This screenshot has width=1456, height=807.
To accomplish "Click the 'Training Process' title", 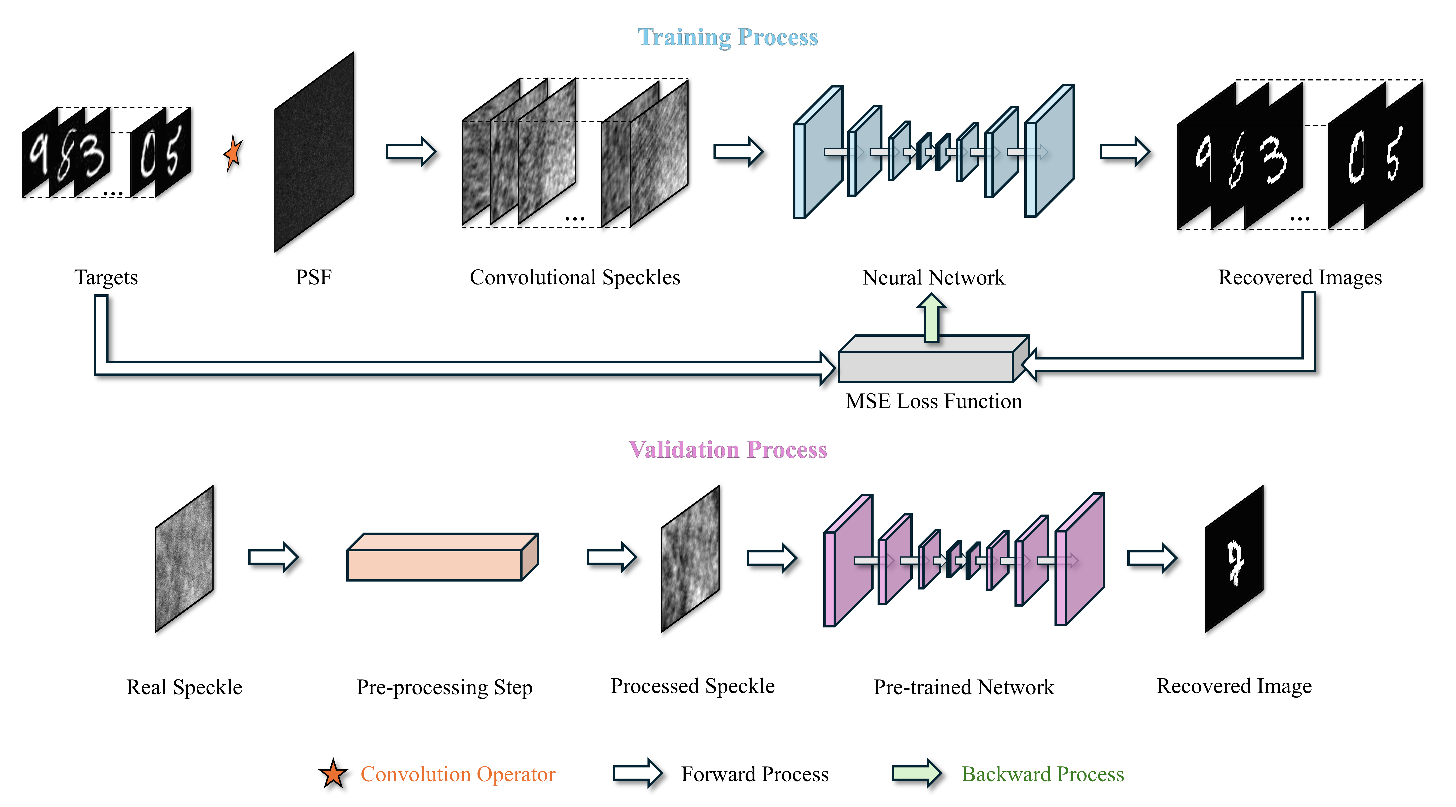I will click(728, 37).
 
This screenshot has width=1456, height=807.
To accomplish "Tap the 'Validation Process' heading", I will click(728, 450).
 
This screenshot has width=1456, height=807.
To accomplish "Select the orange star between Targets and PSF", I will click(232, 153).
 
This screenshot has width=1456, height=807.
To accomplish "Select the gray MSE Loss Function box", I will click(927, 365).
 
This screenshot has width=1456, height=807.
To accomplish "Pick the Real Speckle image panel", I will click(184, 559).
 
